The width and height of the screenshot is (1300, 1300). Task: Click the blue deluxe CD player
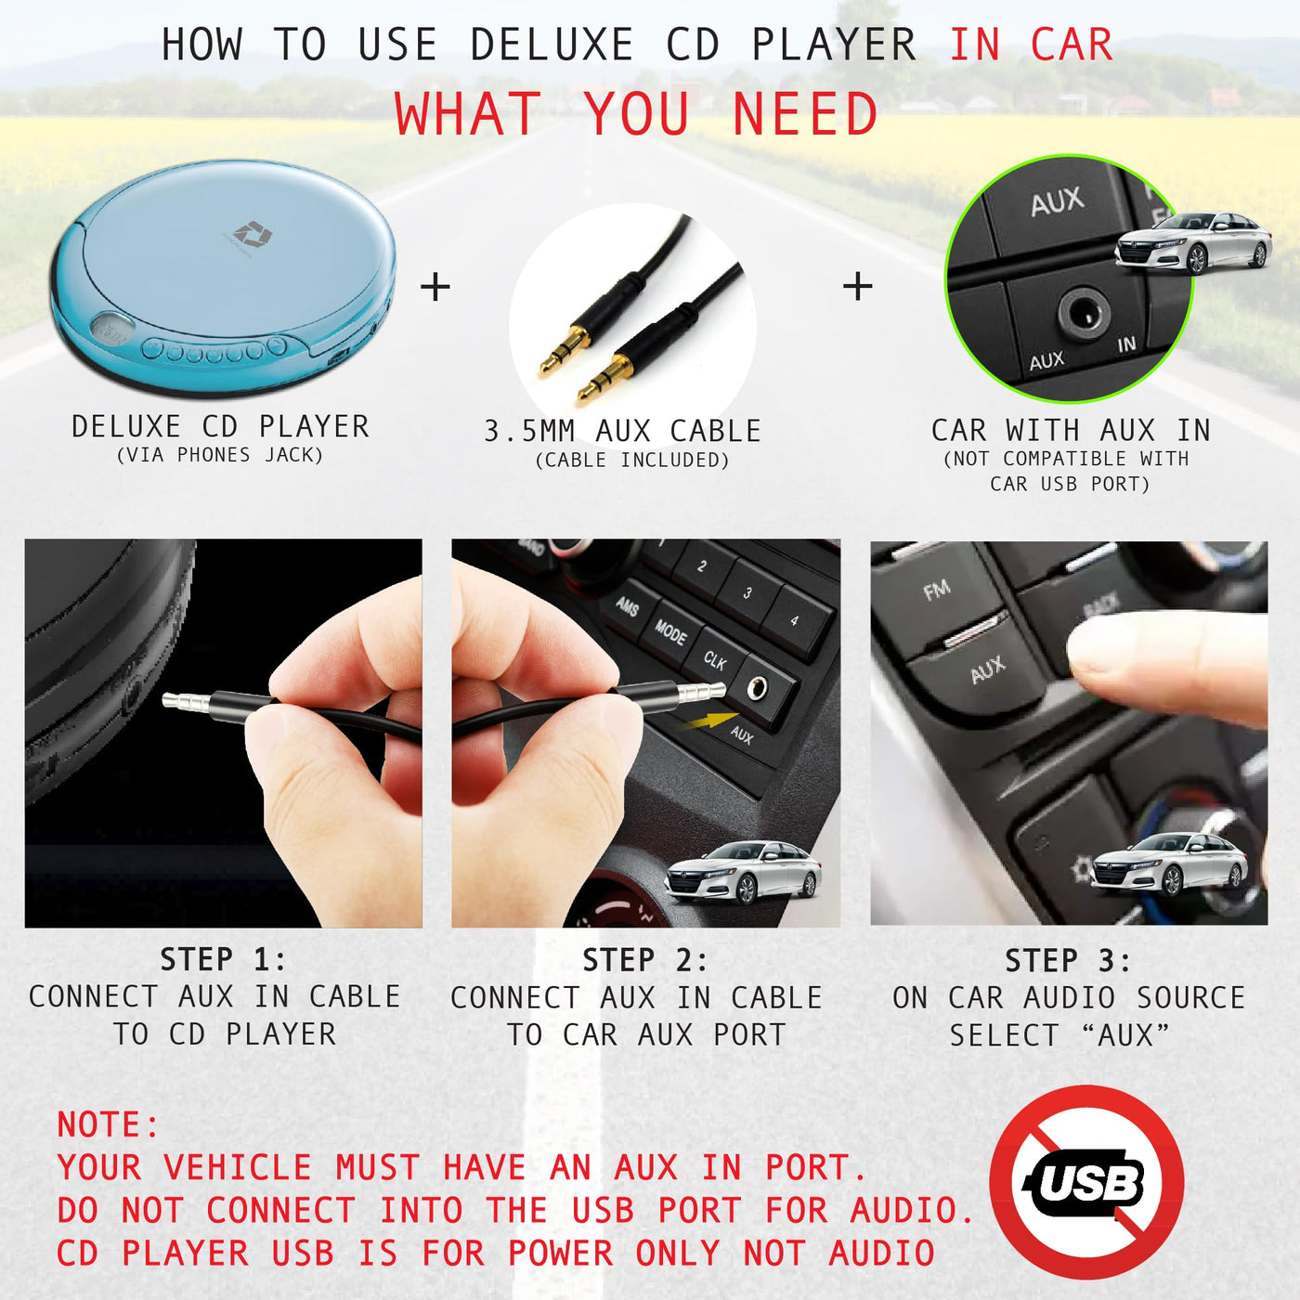tap(223, 278)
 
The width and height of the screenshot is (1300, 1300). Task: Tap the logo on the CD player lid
tap(251, 235)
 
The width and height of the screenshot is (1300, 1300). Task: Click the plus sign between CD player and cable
tap(435, 287)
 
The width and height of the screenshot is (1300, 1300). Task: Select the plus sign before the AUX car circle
tap(857, 286)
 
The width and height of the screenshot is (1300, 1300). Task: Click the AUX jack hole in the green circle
tap(1085, 313)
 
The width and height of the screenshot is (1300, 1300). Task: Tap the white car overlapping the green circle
tap(1192, 242)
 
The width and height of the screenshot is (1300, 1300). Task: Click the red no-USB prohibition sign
tap(1086, 1183)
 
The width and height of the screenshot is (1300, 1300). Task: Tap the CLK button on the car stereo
tap(716, 660)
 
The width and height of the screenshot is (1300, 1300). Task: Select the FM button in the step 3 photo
tap(937, 591)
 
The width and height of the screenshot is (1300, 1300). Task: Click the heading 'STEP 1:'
tap(223, 959)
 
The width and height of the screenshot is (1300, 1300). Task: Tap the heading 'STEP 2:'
tap(645, 960)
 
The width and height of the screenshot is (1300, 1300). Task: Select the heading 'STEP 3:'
tap(1068, 961)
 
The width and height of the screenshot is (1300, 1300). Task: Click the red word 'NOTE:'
tap(108, 1124)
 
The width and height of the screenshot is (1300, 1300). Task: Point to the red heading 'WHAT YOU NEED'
tap(636, 113)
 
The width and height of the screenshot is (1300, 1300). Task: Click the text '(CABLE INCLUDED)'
tap(632, 460)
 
